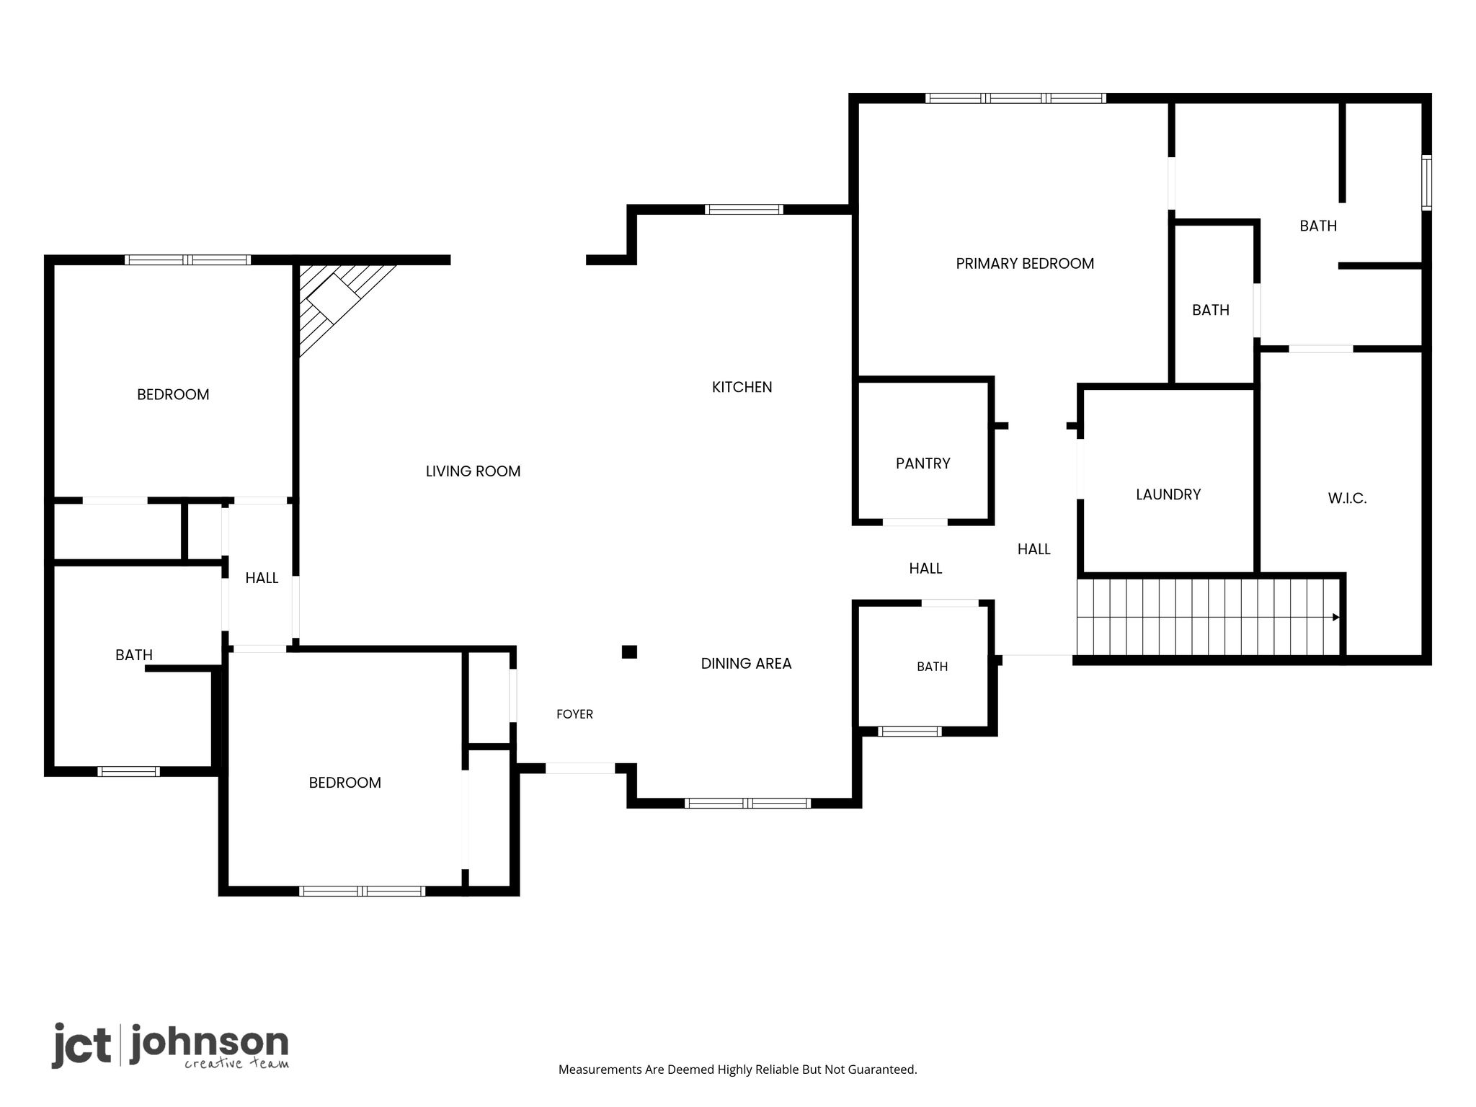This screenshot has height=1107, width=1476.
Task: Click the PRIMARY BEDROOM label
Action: point(1025,264)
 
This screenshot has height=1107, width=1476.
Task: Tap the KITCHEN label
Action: point(742,387)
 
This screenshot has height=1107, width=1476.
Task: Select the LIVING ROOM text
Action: point(473,471)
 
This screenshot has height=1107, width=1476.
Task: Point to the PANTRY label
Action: point(922,463)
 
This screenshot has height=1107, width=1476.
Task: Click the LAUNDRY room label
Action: point(1168,494)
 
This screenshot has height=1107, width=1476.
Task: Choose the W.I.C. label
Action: point(1347,498)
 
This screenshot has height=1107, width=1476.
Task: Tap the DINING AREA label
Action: point(746,664)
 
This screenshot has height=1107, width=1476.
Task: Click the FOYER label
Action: point(574,714)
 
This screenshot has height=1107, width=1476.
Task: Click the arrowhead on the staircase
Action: point(1335,617)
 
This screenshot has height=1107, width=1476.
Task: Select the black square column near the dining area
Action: point(629,652)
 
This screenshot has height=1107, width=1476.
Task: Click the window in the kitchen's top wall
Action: point(744,210)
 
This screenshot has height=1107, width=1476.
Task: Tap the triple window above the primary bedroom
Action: point(1015,98)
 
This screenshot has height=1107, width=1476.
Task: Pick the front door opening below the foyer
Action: point(580,768)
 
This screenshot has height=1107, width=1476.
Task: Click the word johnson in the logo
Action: point(209,1042)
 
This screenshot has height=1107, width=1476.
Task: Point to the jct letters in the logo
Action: point(81,1044)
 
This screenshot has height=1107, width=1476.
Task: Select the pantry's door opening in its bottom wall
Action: point(915,522)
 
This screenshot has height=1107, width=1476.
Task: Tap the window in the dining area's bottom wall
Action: point(747,803)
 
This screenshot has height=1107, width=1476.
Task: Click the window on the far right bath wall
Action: point(1426,182)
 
